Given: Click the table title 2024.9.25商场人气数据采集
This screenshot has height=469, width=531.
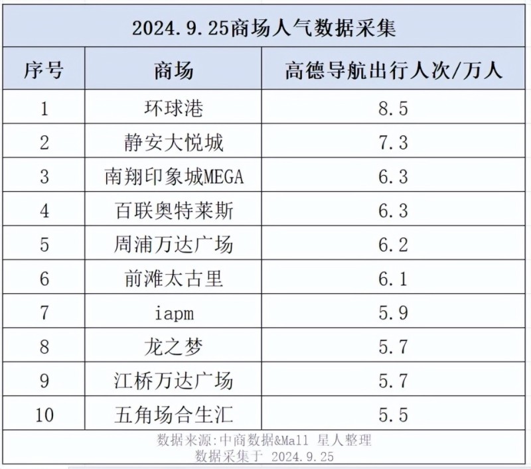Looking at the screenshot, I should click(x=265, y=29).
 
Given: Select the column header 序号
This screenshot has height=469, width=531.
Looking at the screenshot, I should click(x=44, y=70).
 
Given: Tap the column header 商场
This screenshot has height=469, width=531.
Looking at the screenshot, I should click(x=174, y=70).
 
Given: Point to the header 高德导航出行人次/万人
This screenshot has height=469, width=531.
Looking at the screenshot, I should click(x=394, y=70).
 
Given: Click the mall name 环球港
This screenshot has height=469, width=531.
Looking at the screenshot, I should click(x=174, y=107).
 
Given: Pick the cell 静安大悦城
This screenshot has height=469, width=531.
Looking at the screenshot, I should click(x=174, y=142).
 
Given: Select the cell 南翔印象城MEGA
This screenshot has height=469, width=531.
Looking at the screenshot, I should click(x=174, y=176).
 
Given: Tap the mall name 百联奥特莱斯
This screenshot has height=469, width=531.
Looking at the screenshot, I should click(x=174, y=210).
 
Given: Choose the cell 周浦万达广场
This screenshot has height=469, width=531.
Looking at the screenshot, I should click(x=174, y=245).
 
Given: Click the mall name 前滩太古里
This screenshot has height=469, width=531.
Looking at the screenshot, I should click(x=174, y=279).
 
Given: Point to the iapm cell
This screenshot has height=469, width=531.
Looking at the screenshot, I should click(x=174, y=313).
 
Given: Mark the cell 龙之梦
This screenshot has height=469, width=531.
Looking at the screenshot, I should click(x=174, y=347).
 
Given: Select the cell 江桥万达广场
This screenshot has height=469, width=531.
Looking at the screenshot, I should click(x=174, y=381).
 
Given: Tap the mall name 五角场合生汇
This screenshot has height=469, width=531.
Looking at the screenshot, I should click(x=174, y=415).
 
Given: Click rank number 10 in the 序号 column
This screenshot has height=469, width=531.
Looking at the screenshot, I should click(x=44, y=415).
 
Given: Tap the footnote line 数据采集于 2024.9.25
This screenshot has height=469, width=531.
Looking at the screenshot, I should click(x=265, y=456).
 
